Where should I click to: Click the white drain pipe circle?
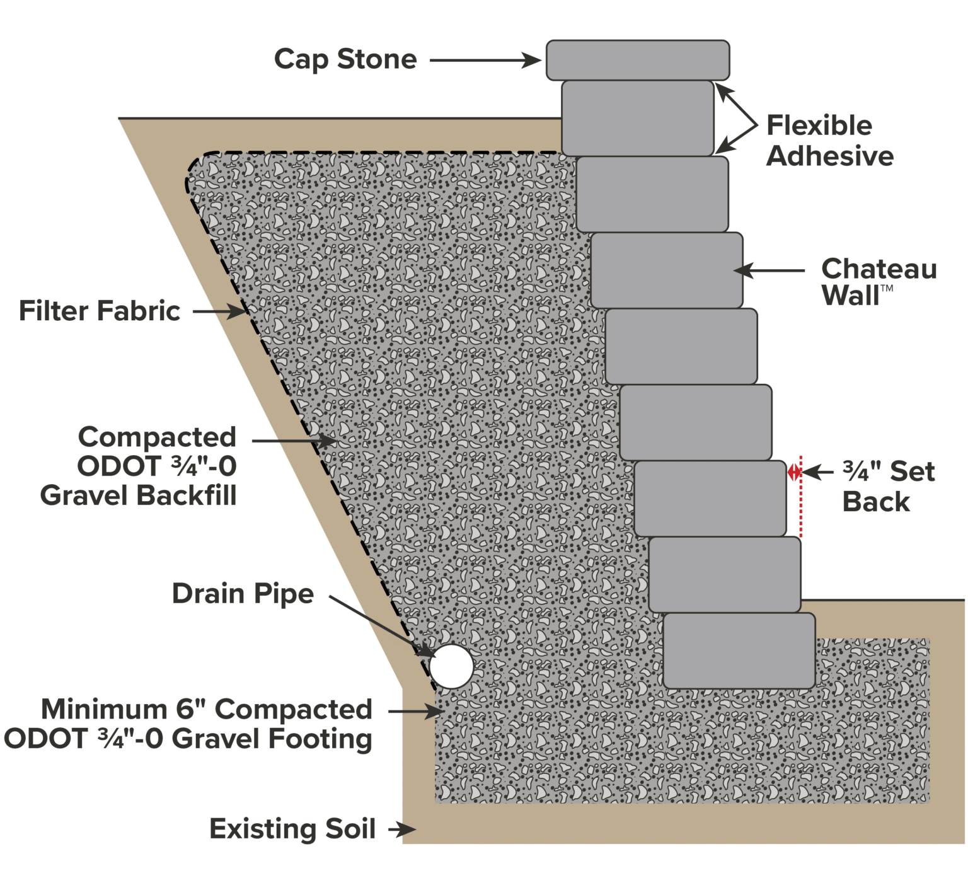pos(451,666)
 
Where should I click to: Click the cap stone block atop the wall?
pos(638,60)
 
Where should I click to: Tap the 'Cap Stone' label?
pos(345,60)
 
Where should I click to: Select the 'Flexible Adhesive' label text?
pos(829,141)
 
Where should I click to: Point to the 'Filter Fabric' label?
pos(100,311)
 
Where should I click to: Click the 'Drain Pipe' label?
pos(243,594)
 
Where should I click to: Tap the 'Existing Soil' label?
pos(292,829)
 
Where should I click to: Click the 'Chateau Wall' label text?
pos(878,281)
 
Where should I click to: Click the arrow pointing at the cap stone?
pos(485,61)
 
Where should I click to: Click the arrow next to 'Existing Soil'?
pos(401,829)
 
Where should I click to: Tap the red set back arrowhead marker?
pos(794,471)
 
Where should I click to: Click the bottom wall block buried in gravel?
pos(739,650)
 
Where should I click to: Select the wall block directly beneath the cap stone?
pos(638,118)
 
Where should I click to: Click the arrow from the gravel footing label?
pos(416,711)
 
